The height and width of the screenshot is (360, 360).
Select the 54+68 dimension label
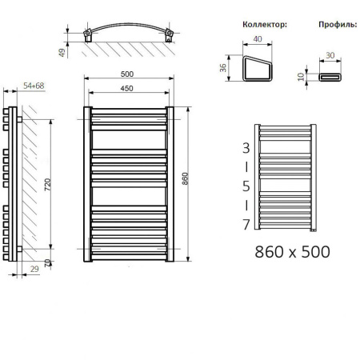click(24, 84)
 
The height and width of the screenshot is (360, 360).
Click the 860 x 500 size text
click(291, 251)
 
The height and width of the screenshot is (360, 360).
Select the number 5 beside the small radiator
click(246, 186)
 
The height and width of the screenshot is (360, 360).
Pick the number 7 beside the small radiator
click(246, 224)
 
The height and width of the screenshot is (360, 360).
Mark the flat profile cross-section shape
click(331, 77)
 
